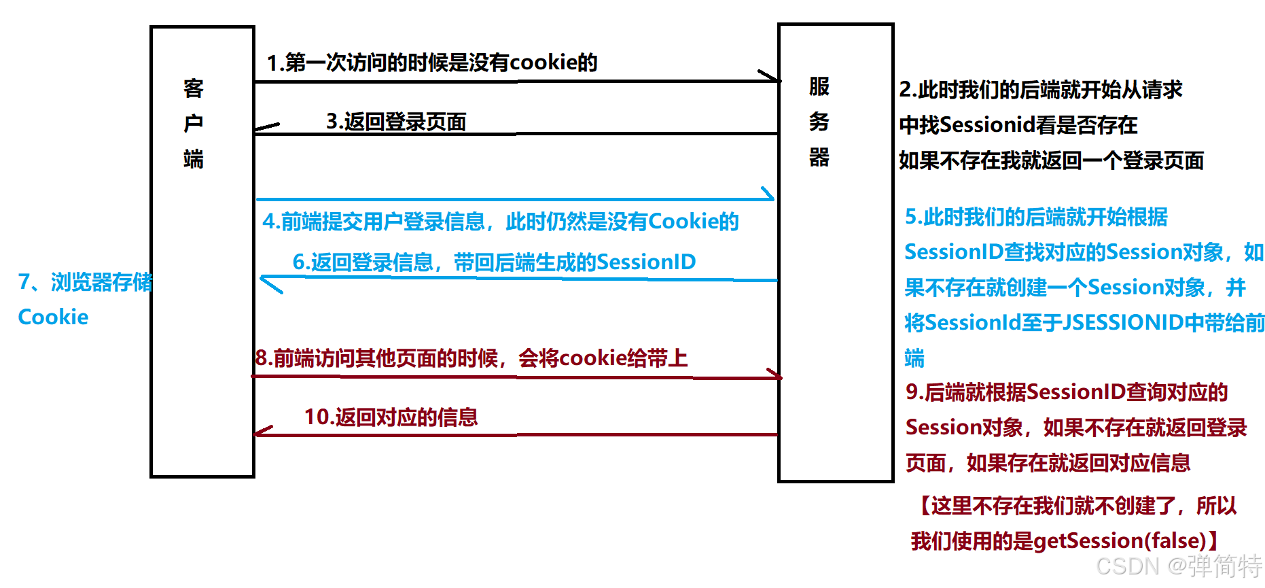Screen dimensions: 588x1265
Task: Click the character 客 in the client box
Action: (x=194, y=88)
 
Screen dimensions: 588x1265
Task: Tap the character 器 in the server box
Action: (x=819, y=157)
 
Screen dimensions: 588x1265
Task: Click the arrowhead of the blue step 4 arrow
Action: (x=768, y=195)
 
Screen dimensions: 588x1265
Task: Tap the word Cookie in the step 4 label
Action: (x=683, y=221)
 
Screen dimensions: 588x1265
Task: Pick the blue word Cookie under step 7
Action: (x=53, y=317)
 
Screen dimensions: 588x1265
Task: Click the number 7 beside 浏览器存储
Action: (x=24, y=281)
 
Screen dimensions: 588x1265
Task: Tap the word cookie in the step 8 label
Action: (x=592, y=358)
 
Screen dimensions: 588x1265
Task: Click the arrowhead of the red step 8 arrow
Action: (x=775, y=375)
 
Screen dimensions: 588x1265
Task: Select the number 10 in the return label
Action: (x=316, y=417)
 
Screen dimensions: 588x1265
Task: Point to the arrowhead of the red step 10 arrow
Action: (x=262, y=432)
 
